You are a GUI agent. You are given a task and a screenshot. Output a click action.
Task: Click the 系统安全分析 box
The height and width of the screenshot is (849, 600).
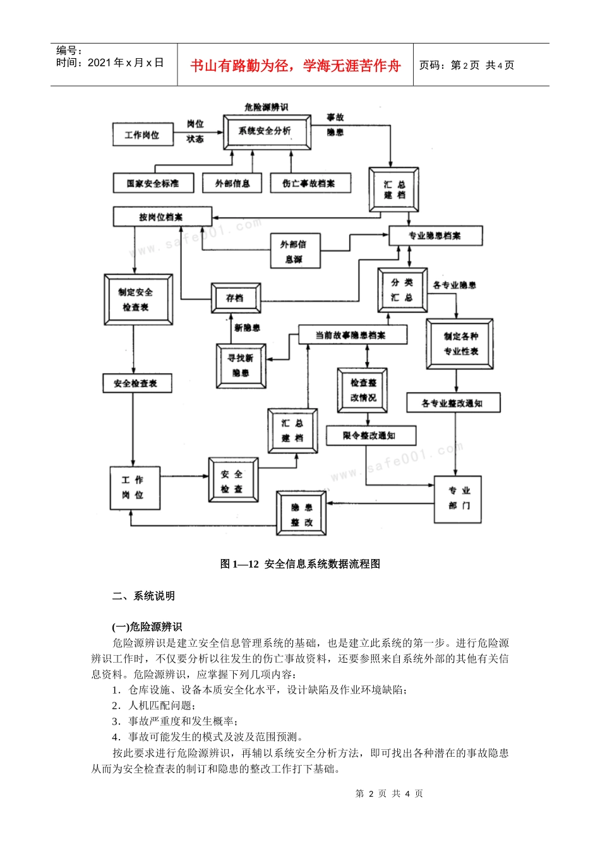click(x=267, y=131)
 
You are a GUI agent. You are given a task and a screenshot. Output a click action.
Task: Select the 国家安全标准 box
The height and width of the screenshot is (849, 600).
click(x=153, y=183)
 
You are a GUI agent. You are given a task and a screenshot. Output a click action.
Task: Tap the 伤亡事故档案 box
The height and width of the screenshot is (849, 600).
click(x=310, y=183)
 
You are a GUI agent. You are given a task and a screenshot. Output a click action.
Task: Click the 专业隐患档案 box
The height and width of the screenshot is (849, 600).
click(x=436, y=236)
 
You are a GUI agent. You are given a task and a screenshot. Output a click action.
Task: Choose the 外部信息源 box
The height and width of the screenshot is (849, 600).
click(x=294, y=251)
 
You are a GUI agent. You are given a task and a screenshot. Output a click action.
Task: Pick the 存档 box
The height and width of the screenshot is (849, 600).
click(x=236, y=298)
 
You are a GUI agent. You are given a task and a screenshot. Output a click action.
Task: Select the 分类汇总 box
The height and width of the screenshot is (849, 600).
click(x=402, y=290)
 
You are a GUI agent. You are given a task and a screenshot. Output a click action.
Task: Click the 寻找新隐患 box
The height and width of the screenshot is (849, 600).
click(x=241, y=365)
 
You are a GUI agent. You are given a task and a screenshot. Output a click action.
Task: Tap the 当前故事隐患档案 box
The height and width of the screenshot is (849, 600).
click(x=352, y=335)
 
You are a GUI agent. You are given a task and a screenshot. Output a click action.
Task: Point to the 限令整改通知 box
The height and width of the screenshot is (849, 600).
click(x=371, y=435)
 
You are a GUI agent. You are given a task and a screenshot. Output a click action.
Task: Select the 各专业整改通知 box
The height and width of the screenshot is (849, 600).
click(x=453, y=403)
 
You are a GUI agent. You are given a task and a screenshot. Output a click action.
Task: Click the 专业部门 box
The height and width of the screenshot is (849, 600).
click(x=459, y=498)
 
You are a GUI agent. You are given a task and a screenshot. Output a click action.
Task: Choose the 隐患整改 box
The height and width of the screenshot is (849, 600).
click(x=302, y=514)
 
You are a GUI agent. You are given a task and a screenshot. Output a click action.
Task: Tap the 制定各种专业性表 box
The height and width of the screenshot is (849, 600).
click(x=460, y=344)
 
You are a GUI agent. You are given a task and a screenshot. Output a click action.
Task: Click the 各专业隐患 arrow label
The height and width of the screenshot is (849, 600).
click(x=455, y=286)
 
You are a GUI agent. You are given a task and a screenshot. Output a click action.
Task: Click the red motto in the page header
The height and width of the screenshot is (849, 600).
click(x=295, y=66)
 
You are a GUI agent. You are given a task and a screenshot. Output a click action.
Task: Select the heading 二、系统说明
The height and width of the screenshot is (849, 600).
click(x=143, y=596)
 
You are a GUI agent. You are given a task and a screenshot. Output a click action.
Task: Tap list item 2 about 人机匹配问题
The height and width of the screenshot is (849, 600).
click(x=154, y=706)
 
